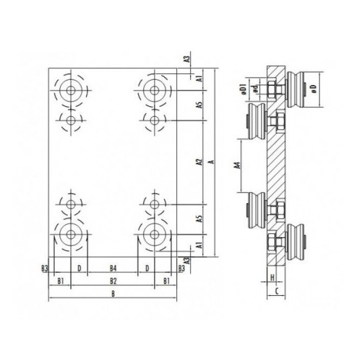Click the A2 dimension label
click(x=199, y=162)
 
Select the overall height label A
click(x=212, y=162)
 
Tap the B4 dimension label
click(x=113, y=268)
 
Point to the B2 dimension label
click(x=113, y=281)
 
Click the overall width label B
click(x=113, y=294)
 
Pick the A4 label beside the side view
click(x=238, y=165)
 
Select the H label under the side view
click(x=272, y=278)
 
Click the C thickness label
click(x=276, y=291)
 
